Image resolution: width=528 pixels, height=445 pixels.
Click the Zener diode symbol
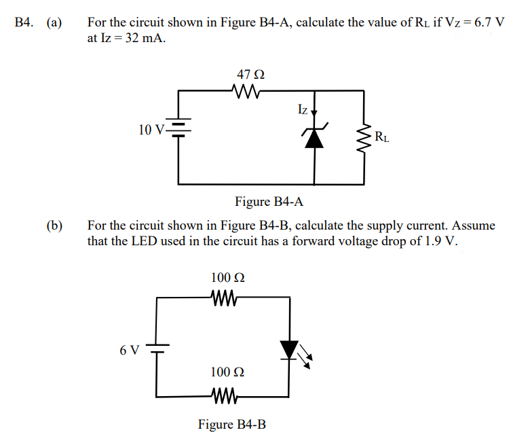tap(314, 137)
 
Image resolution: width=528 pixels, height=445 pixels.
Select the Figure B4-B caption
tap(232, 425)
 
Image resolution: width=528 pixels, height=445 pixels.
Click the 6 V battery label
tap(129, 351)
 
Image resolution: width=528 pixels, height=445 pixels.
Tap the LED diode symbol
tap(290, 349)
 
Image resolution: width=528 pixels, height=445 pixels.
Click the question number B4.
tap(24, 22)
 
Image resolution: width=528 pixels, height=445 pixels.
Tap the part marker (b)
tap(54, 226)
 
